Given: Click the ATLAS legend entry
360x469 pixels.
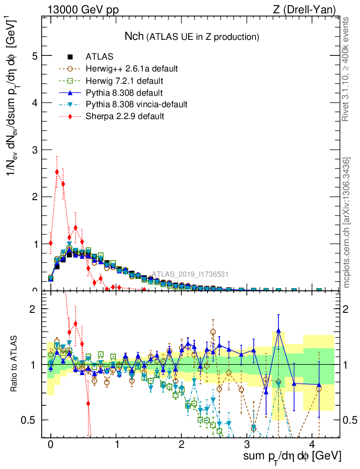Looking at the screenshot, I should click(x=99, y=57).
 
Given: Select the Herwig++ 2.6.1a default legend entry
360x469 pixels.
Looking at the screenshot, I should click(x=131, y=69).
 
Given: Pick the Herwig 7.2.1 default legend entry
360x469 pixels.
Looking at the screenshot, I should click(x=125, y=81).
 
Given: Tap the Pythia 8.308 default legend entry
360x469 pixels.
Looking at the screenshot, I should click(x=125, y=93).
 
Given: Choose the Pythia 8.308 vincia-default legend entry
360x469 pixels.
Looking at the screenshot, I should click(x=136, y=104).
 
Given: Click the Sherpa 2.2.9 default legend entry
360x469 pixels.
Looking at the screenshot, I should click(x=125, y=116).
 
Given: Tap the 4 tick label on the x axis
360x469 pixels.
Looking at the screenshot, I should click(x=312, y=445).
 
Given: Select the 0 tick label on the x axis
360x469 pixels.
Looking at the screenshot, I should click(x=51, y=445).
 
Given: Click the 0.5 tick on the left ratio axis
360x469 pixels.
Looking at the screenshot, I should click(x=30, y=420).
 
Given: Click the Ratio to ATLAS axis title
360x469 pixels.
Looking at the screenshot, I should click(x=15, y=365).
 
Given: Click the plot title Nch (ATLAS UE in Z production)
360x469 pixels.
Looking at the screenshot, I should click(x=192, y=36).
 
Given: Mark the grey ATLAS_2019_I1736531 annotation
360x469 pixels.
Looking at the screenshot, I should click(x=190, y=274).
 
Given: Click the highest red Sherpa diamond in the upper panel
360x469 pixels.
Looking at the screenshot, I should click(x=57, y=172).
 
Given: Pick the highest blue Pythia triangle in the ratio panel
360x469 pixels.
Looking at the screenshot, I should click(x=278, y=330).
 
